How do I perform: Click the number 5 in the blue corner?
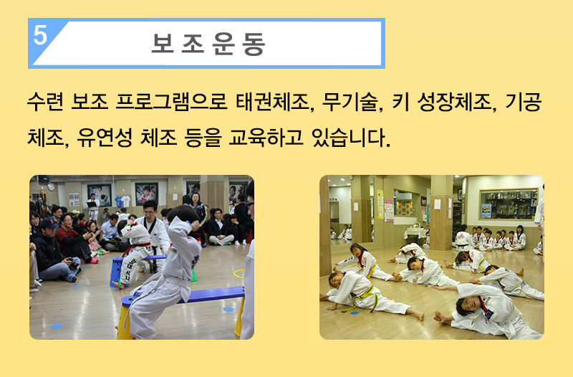point(40,35)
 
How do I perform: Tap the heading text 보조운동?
point(208,44)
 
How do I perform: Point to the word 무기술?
point(352,102)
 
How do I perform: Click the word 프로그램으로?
point(172,102)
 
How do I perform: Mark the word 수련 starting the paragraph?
point(45,102)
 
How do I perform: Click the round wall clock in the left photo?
point(51,187)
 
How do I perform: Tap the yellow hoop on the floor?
point(239,274)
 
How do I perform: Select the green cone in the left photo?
point(193,275)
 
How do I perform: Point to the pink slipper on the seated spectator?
point(95,260)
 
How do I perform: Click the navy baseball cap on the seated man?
point(48,223)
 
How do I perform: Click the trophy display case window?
point(509,204)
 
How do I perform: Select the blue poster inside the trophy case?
point(486,210)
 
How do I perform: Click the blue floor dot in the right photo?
point(354,313)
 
